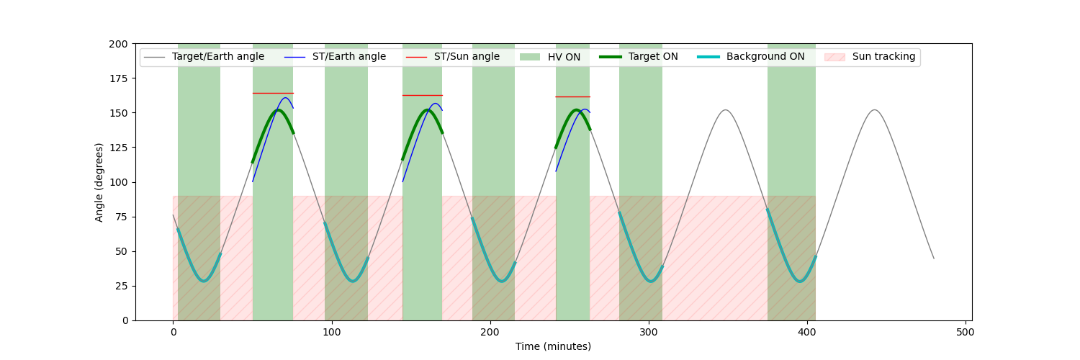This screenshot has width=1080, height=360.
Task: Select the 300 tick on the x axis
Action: click(649, 333)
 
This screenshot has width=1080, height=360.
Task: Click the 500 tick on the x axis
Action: click(966, 333)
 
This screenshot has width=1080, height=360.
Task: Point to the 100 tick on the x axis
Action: click(332, 333)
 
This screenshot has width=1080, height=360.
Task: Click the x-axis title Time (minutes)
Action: click(553, 347)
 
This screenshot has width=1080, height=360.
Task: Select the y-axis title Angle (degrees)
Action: click(99, 182)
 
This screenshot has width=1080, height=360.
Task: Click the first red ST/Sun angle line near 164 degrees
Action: click(273, 93)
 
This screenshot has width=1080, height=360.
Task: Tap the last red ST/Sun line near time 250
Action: click(572, 96)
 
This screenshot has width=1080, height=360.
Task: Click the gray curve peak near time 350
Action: click(726, 110)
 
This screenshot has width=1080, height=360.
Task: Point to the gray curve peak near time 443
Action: click(874, 110)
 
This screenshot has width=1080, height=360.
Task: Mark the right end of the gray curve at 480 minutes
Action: click(934, 258)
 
